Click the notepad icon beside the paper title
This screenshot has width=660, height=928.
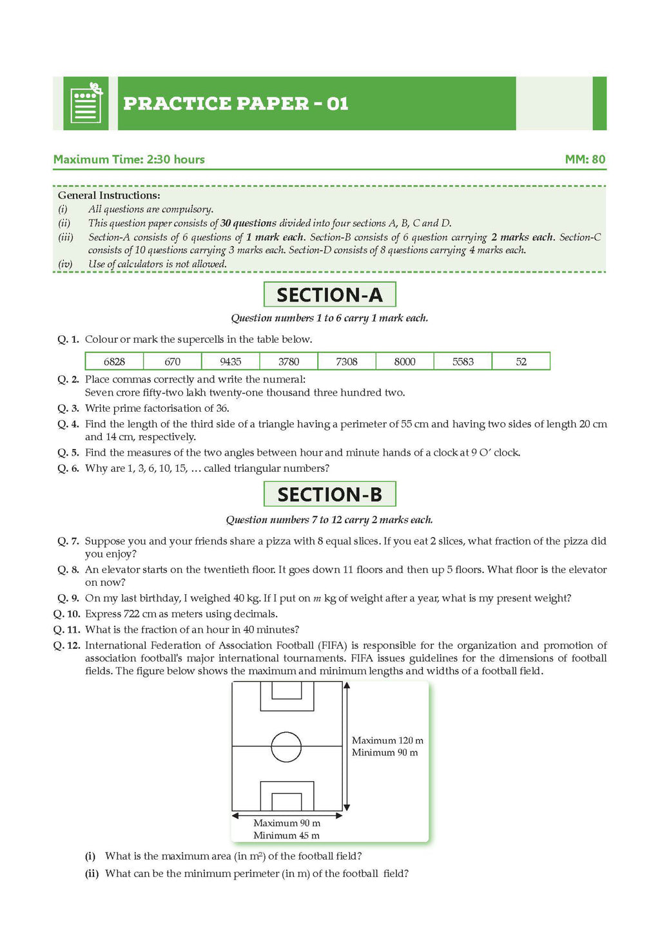(x=86, y=104)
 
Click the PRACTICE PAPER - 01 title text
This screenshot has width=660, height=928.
(x=235, y=104)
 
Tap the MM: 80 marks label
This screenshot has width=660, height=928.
(x=585, y=159)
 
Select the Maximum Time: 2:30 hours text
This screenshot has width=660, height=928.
(x=129, y=159)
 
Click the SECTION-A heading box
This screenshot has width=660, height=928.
(x=329, y=295)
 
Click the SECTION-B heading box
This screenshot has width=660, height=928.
(x=329, y=494)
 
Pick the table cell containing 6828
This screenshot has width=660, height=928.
(x=114, y=362)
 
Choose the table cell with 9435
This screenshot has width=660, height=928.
(x=230, y=362)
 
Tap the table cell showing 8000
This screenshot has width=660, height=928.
(x=405, y=362)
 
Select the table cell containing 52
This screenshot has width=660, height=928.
(x=521, y=362)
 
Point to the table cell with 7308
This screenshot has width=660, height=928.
(x=347, y=362)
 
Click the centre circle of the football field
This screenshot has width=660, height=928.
(x=286, y=747)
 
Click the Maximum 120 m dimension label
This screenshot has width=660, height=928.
(x=387, y=740)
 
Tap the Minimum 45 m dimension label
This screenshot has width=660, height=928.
(x=286, y=835)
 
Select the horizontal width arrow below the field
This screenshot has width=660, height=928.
(x=287, y=815)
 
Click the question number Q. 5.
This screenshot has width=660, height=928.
(x=68, y=452)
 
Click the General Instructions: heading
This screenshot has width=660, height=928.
(x=109, y=195)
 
